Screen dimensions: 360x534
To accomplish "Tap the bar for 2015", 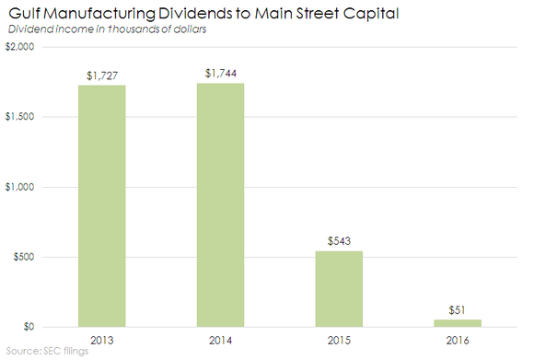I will click(340, 288).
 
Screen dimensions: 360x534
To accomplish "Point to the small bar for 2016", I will click(459, 322).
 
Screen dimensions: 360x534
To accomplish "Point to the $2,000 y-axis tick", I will click(21, 47).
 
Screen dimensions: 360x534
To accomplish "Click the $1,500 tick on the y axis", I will click(21, 117).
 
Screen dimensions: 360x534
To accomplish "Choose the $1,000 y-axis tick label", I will click(21, 187).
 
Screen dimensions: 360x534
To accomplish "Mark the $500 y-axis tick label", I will click(25, 257).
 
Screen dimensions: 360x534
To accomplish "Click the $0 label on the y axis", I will click(29, 327).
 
